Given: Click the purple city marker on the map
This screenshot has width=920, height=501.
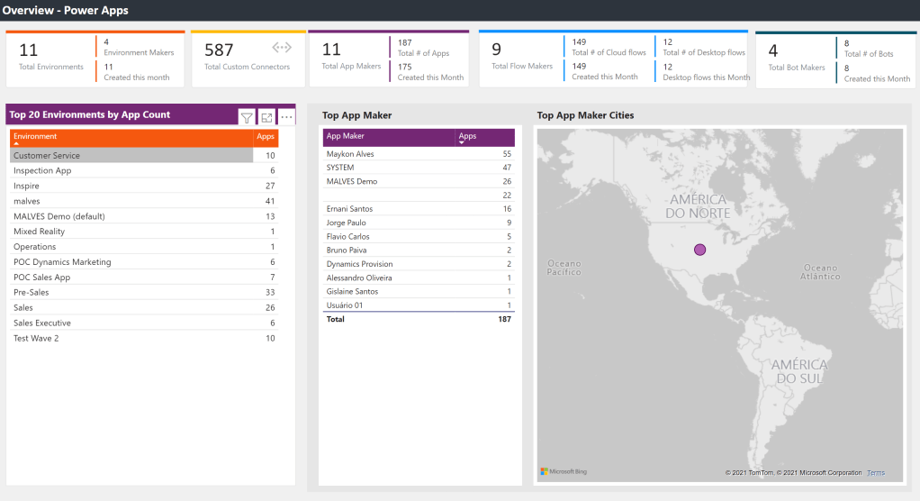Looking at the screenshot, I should click(x=699, y=250).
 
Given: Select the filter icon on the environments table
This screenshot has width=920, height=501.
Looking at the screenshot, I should click(x=247, y=117).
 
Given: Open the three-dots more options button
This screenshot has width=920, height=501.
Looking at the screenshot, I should click(x=286, y=117).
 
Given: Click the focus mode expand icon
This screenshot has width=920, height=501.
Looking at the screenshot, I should click(x=266, y=117).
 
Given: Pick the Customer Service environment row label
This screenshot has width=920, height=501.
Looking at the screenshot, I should click(x=47, y=156).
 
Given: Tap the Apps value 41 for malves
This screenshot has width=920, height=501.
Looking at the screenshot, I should click(x=269, y=201).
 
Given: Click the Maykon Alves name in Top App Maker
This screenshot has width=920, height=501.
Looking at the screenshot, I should click(x=350, y=154).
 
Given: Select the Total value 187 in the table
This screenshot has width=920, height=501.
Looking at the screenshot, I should click(x=504, y=319).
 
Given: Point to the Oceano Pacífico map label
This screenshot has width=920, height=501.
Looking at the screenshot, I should click(x=564, y=268).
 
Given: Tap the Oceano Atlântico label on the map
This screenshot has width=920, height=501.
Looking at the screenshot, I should click(x=820, y=272).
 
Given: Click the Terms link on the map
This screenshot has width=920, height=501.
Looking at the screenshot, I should click(x=876, y=473).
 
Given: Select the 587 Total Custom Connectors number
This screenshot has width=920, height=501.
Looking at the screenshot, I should click(x=219, y=50).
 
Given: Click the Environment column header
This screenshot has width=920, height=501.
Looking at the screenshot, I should click(x=35, y=136).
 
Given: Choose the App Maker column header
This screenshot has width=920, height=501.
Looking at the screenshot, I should click(x=347, y=136).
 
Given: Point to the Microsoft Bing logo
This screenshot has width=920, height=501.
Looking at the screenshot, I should click(x=564, y=471).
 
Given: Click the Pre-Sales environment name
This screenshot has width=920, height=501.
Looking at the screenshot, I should click(x=32, y=293).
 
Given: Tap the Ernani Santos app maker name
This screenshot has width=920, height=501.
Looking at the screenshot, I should click(x=349, y=209).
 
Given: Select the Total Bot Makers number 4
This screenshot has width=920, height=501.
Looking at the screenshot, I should click(x=772, y=51).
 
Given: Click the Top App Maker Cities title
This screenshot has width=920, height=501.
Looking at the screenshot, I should click(x=585, y=115).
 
